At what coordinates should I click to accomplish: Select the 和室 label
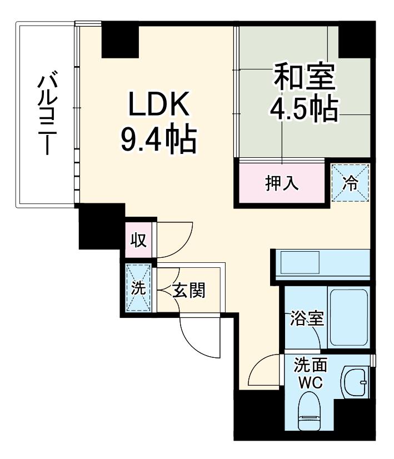coord(304,76)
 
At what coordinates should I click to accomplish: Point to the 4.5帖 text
coord(304,109)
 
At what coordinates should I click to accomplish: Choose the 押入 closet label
coord(282,183)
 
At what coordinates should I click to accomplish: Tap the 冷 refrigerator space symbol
coord(350,183)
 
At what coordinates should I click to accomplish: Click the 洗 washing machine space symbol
coord(138,288)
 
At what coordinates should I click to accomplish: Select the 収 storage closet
coord(139,240)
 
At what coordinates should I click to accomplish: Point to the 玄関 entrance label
coord(189,290)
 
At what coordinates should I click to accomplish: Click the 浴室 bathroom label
coord(307,318)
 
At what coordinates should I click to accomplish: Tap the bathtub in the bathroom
coord(348,317)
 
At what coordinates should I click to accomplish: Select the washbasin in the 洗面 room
coord(354,382)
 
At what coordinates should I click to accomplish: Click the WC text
coord(310,382)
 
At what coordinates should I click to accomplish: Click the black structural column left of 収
coord(101,227)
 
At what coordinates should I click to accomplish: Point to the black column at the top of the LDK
coord(120,39)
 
